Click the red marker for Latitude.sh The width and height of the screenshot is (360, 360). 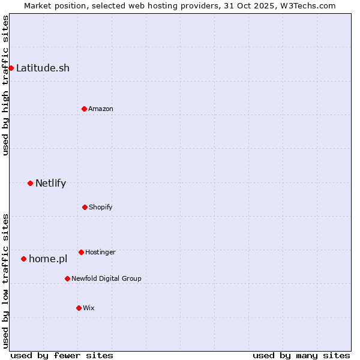(11, 68)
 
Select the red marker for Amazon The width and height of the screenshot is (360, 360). (84, 109)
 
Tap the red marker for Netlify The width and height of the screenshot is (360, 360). (30, 183)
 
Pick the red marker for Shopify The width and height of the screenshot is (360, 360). (85, 207)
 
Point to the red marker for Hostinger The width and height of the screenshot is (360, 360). (81, 252)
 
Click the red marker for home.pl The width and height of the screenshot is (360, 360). (23, 259)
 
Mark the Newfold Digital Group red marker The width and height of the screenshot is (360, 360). (67, 278)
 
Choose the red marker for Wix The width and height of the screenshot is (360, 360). (79, 308)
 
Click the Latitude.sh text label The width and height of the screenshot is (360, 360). (43, 68)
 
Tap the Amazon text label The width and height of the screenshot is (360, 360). (101, 109)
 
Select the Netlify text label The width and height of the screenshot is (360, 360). (50, 183)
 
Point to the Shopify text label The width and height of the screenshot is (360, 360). (101, 207)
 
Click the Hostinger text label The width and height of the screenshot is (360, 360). (100, 252)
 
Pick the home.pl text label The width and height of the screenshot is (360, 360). (48, 259)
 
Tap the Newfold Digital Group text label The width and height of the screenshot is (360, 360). (106, 278)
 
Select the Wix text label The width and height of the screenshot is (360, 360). (89, 308)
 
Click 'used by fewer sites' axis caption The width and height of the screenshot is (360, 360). (62, 355)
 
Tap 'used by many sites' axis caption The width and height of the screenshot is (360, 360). (301, 355)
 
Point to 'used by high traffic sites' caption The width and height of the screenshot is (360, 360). (5, 85)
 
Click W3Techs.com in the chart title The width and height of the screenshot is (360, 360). (306, 5)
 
